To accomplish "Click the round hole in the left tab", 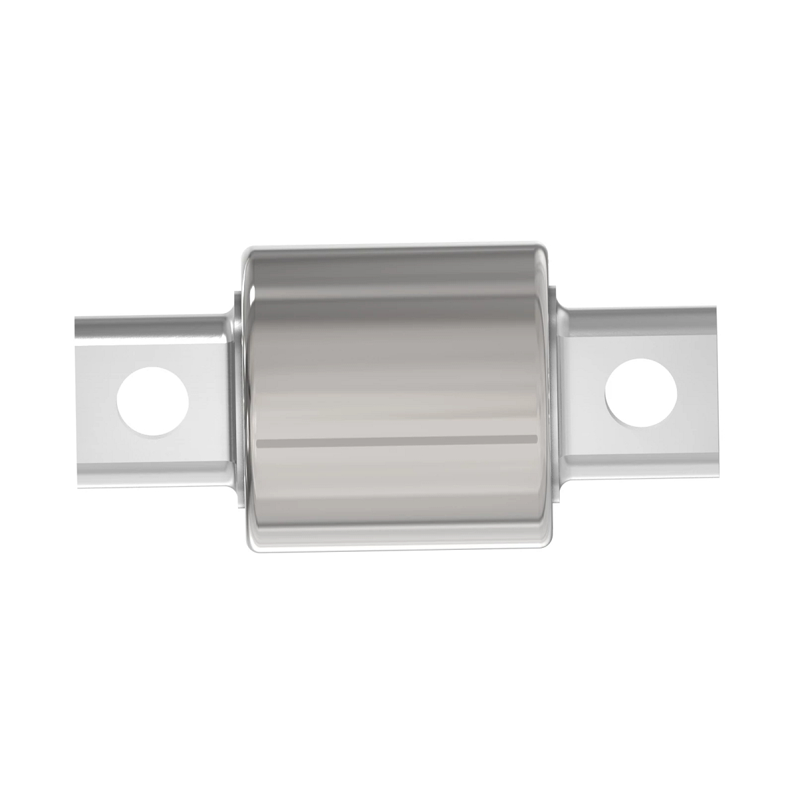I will (153, 401).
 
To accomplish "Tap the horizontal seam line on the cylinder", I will (397, 440).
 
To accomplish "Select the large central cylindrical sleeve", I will (397, 371).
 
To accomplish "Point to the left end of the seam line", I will (259, 441).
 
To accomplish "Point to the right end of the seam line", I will (535, 438).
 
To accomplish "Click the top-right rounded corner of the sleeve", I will (544, 251).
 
